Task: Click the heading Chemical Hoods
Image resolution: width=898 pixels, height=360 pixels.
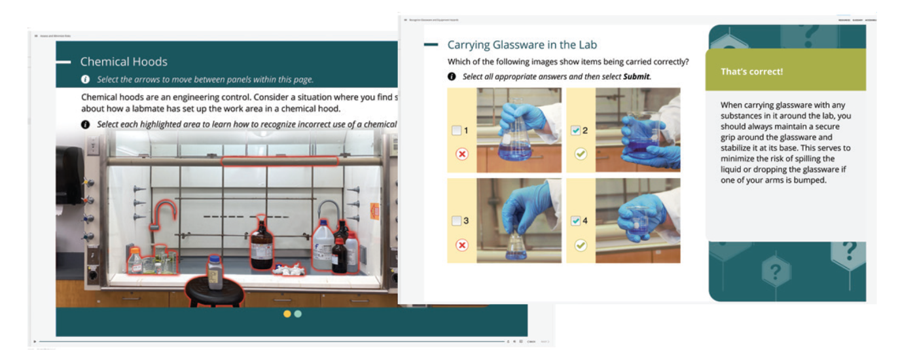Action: [x=124, y=62]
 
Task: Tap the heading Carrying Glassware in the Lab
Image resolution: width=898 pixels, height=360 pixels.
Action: [x=522, y=45]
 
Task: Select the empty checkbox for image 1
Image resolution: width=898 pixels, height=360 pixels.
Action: [x=456, y=131]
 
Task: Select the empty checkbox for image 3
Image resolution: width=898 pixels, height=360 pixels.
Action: [x=456, y=221]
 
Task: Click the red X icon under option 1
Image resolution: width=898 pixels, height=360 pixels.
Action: [x=462, y=154]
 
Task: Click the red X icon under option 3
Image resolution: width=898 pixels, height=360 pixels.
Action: [x=462, y=245]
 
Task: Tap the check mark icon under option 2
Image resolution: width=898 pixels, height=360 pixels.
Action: [x=581, y=154]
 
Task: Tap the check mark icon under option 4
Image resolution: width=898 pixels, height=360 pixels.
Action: [x=581, y=245]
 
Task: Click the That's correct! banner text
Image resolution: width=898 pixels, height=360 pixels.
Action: [x=751, y=71]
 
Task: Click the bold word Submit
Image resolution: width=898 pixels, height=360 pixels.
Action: [x=636, y=77]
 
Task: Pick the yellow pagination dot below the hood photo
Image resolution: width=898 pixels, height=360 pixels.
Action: [x=287, y=314]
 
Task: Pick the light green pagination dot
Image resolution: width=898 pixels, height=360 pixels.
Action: [x=298, y=314]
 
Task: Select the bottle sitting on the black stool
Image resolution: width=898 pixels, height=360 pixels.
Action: [x=215, y=272]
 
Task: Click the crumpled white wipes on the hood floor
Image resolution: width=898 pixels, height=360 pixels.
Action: [x=290, y=268]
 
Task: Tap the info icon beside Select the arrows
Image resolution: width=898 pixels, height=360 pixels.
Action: [x=85, y=79]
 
